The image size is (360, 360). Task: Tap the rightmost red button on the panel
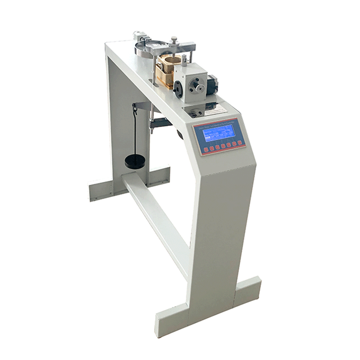click(x=239, y=143)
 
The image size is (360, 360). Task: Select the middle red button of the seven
click(x=223, y=145)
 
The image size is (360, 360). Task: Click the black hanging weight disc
click(x=135, y=161)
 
